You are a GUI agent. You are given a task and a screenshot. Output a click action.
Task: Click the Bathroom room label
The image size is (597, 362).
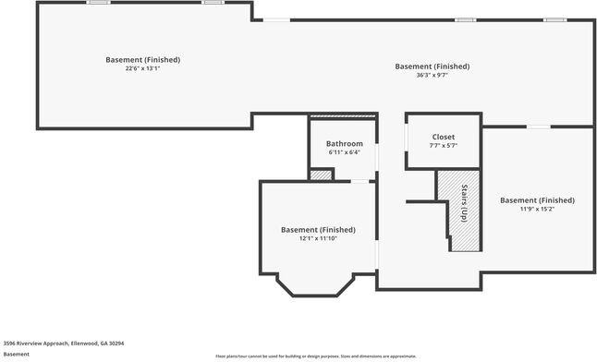point(344,144)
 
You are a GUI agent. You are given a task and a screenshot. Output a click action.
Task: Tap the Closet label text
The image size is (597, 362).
point(443,137)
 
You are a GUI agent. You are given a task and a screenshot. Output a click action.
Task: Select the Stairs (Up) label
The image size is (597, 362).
point(464,203)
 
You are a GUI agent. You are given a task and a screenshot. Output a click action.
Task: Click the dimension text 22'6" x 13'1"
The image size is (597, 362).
point(142,68)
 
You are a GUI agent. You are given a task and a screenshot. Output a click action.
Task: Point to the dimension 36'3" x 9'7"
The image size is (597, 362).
point(432,75)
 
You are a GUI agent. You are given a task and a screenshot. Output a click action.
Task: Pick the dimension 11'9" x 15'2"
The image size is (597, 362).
point(537,209)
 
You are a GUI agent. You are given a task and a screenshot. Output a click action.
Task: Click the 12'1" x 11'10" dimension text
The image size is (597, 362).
point(318,238)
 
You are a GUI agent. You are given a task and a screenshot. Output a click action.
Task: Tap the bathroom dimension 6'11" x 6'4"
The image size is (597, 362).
point(344,152)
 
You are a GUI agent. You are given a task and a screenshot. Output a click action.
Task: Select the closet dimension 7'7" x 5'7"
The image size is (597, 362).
point(443,145)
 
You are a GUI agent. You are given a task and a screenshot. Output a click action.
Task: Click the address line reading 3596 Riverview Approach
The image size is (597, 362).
point(64,343)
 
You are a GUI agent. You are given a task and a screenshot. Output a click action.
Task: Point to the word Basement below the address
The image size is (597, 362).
point(16,354)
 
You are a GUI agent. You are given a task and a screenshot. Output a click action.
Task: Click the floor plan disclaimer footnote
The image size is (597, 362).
point(315,356)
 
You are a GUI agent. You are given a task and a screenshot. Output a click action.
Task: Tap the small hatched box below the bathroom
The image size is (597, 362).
point(320,175)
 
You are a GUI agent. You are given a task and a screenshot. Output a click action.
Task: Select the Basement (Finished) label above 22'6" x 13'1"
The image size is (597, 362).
point(142,60)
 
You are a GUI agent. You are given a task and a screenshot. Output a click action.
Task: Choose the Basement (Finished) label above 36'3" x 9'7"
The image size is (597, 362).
point(432,66)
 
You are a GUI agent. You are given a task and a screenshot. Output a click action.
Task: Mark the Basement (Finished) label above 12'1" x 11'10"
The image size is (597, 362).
point(318,230)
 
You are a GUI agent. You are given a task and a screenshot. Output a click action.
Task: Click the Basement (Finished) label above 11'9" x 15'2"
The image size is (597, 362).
point(537,200)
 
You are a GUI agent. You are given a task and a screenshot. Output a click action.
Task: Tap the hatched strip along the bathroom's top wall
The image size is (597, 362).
point(343,116)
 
